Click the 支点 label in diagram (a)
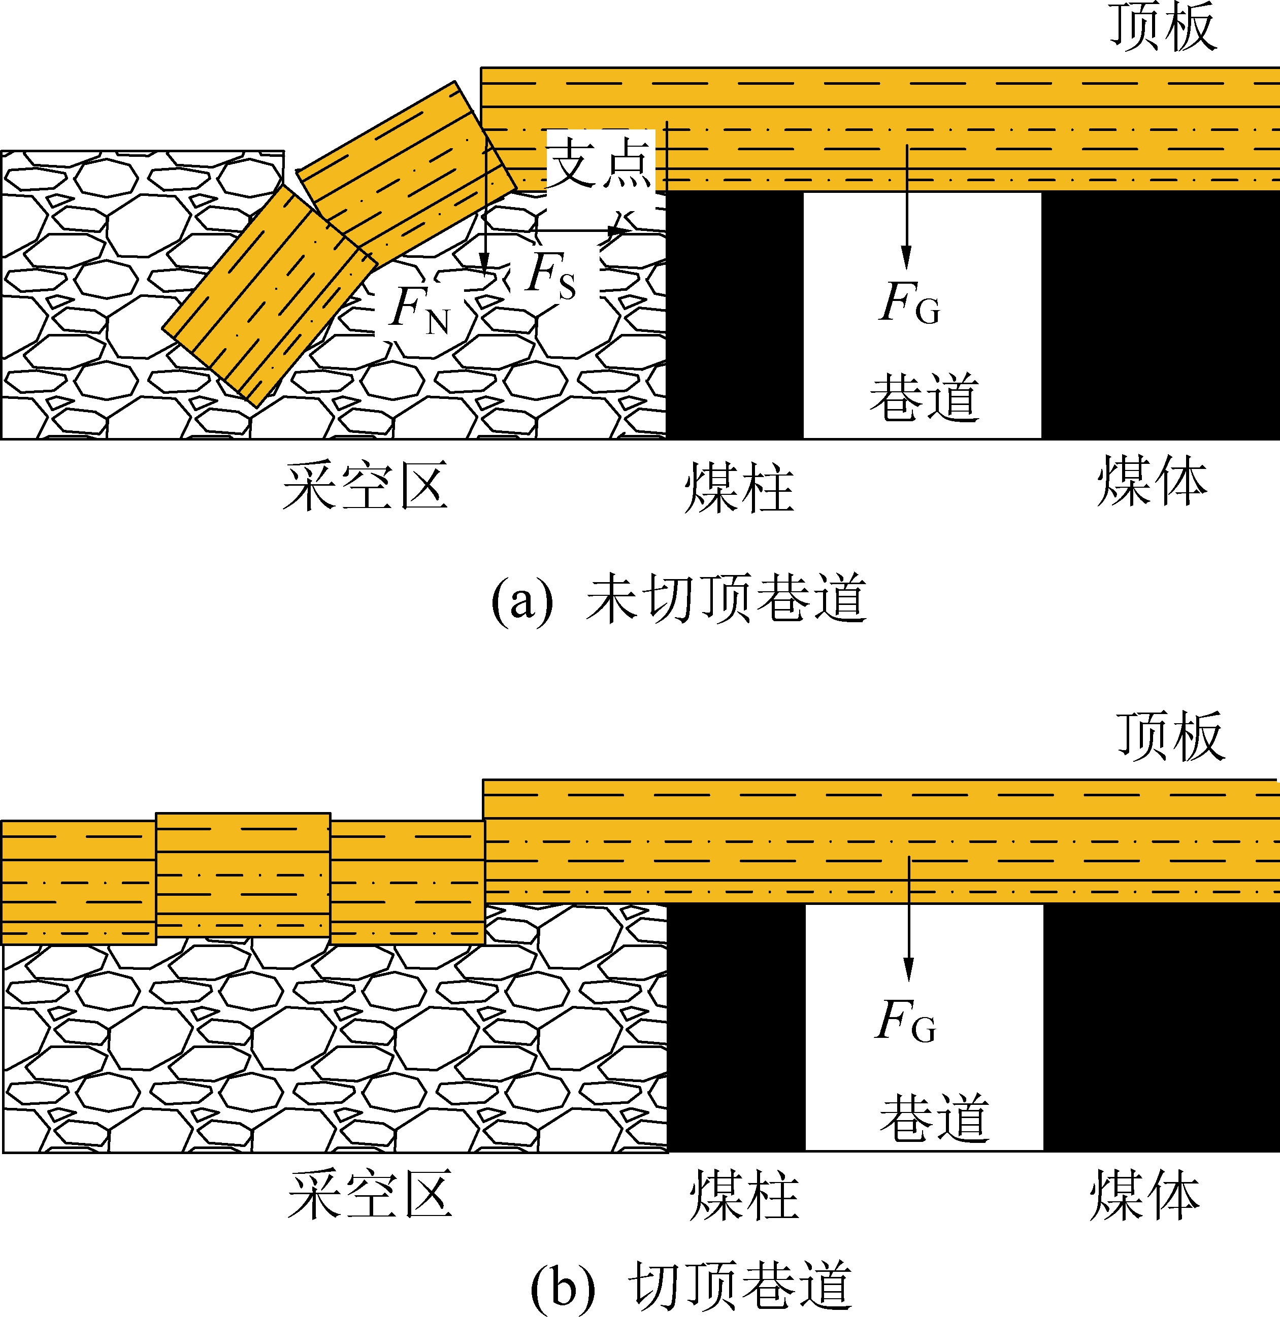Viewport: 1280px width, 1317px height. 600,161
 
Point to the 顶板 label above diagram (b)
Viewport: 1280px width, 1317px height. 1170,736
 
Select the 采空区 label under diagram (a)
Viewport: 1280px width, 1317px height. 365,486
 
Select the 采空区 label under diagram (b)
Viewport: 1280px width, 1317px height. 370,1193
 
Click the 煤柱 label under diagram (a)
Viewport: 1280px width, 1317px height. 739,489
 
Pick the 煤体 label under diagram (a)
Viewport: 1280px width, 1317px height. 1152,481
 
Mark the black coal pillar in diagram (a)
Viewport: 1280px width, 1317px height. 734,316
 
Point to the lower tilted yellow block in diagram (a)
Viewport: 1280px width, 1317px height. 269,296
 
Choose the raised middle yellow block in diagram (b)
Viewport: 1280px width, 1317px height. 243,874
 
